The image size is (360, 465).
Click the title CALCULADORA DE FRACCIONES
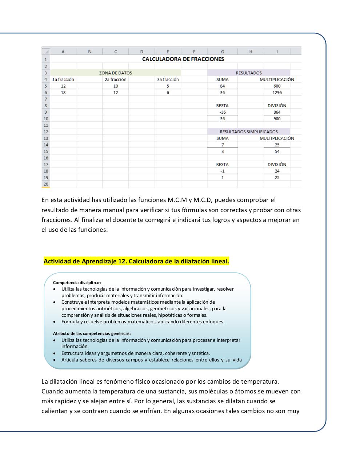[183, 59]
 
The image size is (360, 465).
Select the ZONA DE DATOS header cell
[116, 73]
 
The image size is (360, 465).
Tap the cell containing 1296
[277, 93]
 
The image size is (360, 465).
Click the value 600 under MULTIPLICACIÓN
[277, 86]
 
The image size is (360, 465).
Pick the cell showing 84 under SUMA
[222, 86]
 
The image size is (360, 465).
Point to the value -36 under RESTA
[222, 112]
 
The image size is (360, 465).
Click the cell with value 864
[277, 112]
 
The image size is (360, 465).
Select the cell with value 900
[277, 119]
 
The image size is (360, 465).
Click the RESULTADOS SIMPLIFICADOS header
[248, 132]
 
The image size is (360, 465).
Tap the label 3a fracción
[168, 80]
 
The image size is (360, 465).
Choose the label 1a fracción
[63, 80]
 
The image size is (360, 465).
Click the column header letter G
[222, 52]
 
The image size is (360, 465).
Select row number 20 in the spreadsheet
[46, 184]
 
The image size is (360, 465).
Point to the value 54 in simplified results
[277, 151]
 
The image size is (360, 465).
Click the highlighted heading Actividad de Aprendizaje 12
[136, 261]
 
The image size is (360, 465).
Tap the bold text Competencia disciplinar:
[77, 282]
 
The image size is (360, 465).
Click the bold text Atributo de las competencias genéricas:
[92, 333]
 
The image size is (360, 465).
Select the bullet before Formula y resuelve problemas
[55, 322]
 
